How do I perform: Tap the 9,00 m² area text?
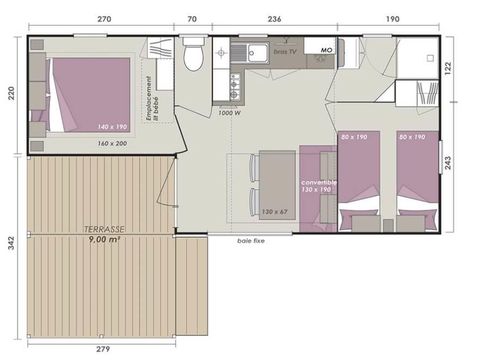[103, 239]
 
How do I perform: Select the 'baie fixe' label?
[251, 241]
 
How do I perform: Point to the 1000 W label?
[229, 112]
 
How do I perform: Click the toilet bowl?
[193, 56]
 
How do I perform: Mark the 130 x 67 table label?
[274, 212]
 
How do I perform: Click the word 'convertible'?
[319, 182]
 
